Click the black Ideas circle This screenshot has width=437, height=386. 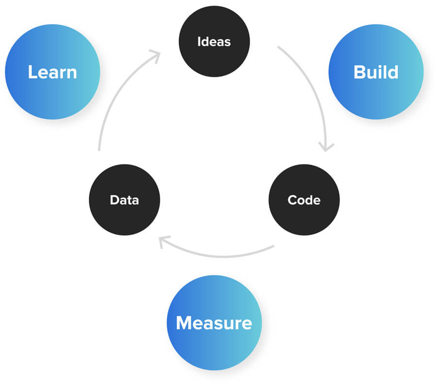(x=214, y=41)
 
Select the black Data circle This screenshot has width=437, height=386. (x=124, y=200)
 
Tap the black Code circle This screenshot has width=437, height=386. (x=304, y=200)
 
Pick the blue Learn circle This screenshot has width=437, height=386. (x=52, y=72)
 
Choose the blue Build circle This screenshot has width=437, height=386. (x=376, y=72)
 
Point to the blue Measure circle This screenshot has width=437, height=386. (x=214, y=323)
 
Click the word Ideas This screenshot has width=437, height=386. (x=214, y=42)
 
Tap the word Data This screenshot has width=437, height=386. (x=124, y=200)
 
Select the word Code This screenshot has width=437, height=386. (x=304, y=200)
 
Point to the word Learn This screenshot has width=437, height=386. (x=52, y=72)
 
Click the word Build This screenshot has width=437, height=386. (x=376, y=72)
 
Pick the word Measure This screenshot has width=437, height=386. (x=214, y=323)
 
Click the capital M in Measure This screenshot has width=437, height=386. (x=183, y=323)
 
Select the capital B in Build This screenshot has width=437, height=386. (x=359, y=72)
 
